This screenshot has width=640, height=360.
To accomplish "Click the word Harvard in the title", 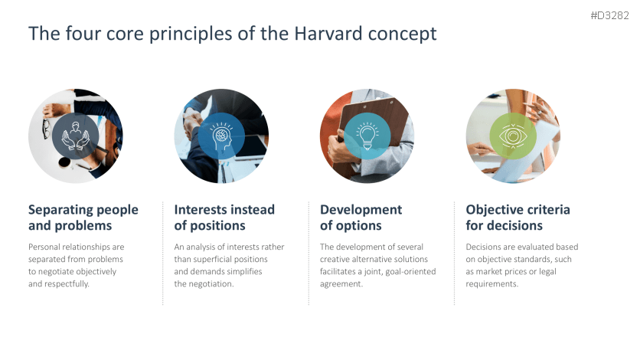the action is [328, 34].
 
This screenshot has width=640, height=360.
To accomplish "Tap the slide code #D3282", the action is [610, 15].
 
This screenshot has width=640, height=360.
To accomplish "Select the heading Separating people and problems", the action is [83, 218].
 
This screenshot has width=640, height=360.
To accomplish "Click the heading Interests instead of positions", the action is [224, 218].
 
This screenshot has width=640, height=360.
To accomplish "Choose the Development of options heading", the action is [361, 218].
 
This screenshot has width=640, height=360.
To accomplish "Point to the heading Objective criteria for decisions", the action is [518, 218].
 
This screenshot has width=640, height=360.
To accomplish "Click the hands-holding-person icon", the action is [76, 136].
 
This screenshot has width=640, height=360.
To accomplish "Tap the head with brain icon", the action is [222, 136].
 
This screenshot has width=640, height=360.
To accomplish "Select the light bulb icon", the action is [367, 136].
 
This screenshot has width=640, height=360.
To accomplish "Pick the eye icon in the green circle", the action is [513, 136].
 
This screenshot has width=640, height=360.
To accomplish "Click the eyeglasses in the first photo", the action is [46, 129].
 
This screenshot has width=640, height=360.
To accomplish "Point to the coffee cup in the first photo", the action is [64, 162].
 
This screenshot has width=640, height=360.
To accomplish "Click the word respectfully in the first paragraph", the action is [65, 284].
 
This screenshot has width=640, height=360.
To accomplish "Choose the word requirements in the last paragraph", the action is [491, 284].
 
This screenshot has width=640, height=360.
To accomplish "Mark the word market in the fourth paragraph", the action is [491, 272].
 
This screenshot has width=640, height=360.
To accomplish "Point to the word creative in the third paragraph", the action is [335, 260].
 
